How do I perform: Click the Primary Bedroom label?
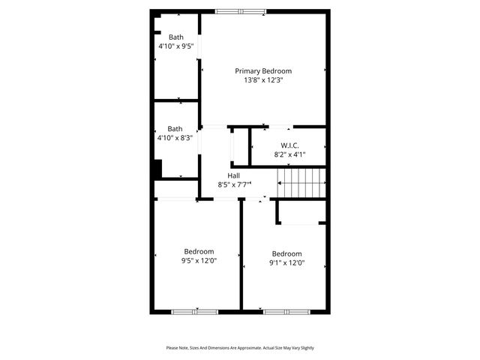point(262,70)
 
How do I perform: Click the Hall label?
point(234,175)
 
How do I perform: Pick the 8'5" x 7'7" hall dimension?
point(234,184)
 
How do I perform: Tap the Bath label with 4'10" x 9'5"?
point(175,37)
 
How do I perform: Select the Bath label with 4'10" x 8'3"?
point(175,128)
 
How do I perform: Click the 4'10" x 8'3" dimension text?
point(175,137)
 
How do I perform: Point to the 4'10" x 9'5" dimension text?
point(175,46)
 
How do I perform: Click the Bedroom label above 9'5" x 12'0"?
point(199,251)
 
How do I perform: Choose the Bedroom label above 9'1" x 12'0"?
point(286,253)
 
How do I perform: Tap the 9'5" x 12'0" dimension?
point(199,261)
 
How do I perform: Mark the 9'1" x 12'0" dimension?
point(286,262)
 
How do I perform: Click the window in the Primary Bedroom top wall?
point(240,11)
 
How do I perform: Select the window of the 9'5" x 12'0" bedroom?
point(195,310)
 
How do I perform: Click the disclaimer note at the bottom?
point(240,348)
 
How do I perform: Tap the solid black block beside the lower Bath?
point(157,169)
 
